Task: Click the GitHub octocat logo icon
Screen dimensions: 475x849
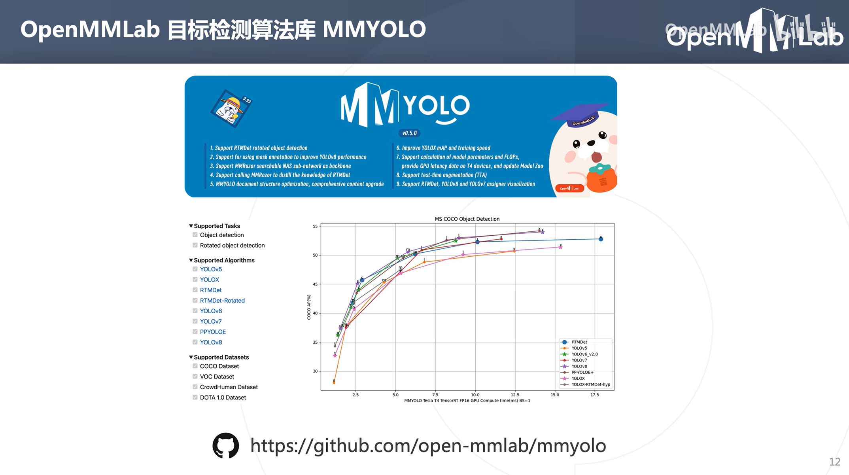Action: click(226, 446)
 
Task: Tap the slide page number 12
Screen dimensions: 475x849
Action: click(834, 462)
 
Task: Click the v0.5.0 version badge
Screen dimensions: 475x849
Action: click(409, 133)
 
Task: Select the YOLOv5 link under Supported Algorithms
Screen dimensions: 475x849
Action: click(211, 269)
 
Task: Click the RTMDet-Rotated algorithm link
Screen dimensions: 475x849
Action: click(222, 301)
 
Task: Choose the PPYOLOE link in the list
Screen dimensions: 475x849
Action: click(213, 332)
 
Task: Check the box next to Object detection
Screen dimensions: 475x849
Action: click(195, 235)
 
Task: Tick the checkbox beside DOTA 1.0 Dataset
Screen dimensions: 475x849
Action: click(195, 397)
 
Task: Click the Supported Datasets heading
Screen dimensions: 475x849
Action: click(221, 357)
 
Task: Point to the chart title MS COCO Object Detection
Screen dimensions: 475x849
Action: click(467, 219)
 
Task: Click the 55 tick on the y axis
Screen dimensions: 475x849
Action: click(315, 226)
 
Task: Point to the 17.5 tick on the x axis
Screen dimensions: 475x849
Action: click(594, 395)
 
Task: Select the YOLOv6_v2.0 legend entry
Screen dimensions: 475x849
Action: click(584, 354)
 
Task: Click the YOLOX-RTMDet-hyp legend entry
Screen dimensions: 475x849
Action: click(590, 384)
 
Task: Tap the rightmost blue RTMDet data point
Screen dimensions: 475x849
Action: click(601, 239)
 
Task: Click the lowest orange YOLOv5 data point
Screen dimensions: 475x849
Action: click(334, 382)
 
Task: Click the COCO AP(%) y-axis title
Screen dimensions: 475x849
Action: click(309, 307)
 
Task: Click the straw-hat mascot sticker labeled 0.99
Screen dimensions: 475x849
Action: click(231, 108)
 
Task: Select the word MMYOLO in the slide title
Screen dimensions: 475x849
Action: click(374, 29)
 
